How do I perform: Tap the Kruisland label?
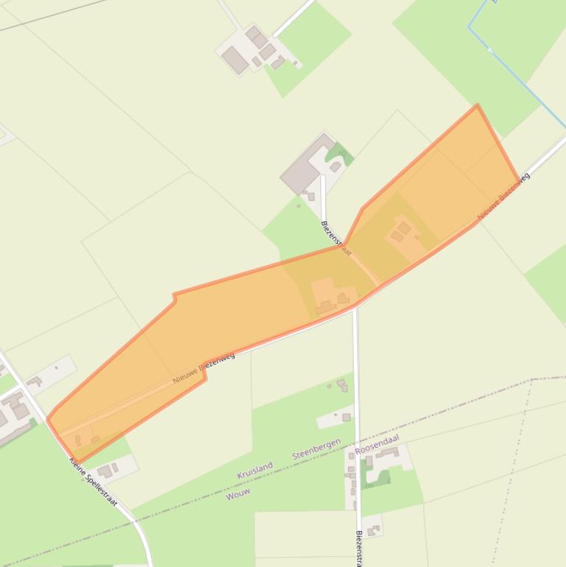click(255, 470)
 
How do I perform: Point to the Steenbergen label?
click(316, 448)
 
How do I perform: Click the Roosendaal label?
click(376, 443)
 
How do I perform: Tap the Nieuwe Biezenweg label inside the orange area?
click(204, 367)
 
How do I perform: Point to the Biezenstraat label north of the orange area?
click(336, 238)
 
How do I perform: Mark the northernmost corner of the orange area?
click(478, 105)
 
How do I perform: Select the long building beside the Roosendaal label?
click(388, 452)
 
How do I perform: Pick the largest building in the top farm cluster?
click(236, 60)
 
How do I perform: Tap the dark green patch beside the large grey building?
click(339, 154)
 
